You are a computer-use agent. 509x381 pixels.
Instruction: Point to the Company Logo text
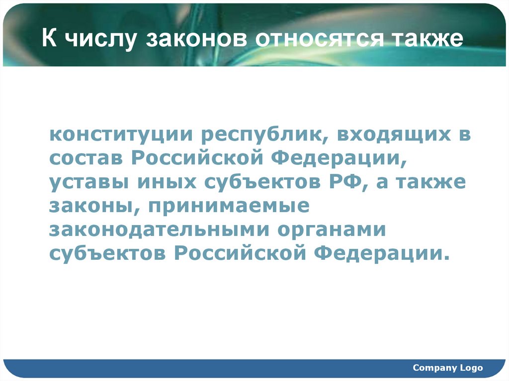tap(447, 368)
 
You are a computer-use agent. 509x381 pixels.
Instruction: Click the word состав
tap(85, 158)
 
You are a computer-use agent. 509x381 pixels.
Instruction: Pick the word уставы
tap(86, 183)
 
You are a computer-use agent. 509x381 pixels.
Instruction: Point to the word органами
tap(337, 230)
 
